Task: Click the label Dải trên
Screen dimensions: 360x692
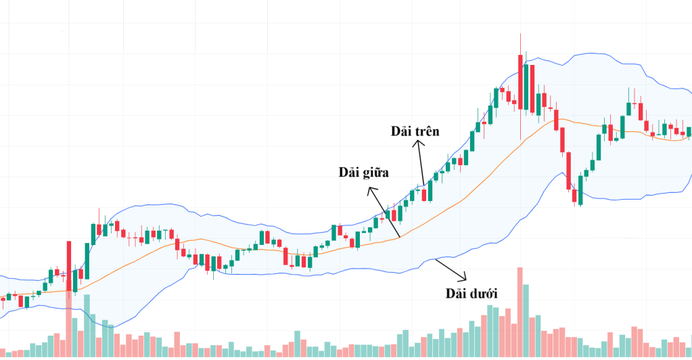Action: pos(415,131)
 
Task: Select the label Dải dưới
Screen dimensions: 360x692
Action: pos(471,294)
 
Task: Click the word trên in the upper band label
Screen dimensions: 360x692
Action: pos(427,131)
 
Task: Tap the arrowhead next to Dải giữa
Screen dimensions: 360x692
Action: pos(369,191)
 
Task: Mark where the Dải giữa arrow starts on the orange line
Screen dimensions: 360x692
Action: pos(400,236)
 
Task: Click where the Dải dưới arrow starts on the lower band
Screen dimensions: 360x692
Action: pos(437,258)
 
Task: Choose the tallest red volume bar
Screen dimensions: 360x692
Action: pos(520,311)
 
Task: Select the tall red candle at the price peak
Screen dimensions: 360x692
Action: pos(520,82)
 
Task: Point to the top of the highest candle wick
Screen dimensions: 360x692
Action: pos(520,34)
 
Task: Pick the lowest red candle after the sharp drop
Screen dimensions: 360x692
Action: pos(575,196)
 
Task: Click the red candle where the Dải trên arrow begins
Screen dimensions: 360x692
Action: pos(424,195)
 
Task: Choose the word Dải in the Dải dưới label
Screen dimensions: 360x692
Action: pos(457,294)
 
